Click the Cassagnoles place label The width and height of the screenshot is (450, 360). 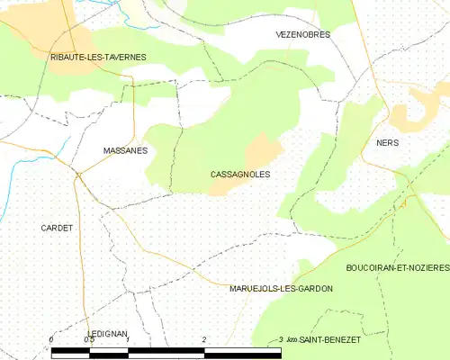[x=239, y=174]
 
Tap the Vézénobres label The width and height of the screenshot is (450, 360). [x=302, y=34]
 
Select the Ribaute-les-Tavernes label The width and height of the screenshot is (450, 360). [x=98, y=57]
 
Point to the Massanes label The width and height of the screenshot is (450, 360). [x=125, y=151]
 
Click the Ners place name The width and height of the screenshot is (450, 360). [x=387, y=143]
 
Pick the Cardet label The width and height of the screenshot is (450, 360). [x=56, y=228]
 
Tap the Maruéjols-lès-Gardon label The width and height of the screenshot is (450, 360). [x=281, y=289]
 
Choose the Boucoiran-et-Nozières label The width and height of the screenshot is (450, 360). [x=397, y=268]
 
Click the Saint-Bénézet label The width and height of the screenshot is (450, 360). [x=330, y=339]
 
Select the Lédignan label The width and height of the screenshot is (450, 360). [x=103, y=333]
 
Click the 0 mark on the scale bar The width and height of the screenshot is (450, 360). [x=51, y=339]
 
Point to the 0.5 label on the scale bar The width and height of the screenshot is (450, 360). [x=88, y=339]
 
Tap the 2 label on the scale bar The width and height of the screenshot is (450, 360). [x=205, y=339]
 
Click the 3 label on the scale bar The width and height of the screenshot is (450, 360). [x=282, y=339]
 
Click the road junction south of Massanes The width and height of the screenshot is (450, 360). [x=79, y=174]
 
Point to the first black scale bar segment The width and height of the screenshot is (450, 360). [x=70, y=348]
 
